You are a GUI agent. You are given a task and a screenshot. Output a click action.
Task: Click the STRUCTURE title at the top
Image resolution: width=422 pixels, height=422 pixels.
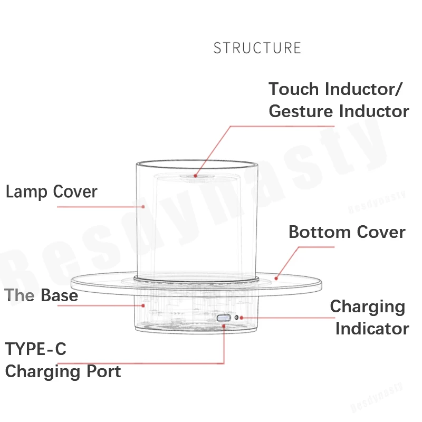pos(257,48)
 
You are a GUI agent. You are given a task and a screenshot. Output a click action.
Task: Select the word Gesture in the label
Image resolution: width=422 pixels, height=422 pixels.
pos(302,111)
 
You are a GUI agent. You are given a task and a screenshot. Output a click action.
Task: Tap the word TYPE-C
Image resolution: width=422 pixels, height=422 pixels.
pos(36,349)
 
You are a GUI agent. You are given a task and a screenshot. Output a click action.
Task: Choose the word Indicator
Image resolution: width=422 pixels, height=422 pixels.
pos(372,329)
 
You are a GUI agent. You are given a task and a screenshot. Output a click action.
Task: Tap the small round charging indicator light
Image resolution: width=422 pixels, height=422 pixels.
pos(237,318)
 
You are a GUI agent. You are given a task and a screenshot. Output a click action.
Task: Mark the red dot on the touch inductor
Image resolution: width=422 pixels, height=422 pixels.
pos(195,176)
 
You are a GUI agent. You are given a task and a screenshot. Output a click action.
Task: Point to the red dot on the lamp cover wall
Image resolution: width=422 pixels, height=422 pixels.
pos(143,206)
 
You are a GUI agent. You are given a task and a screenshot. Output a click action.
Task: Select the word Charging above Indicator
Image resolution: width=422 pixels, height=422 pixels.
pos(367,306)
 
